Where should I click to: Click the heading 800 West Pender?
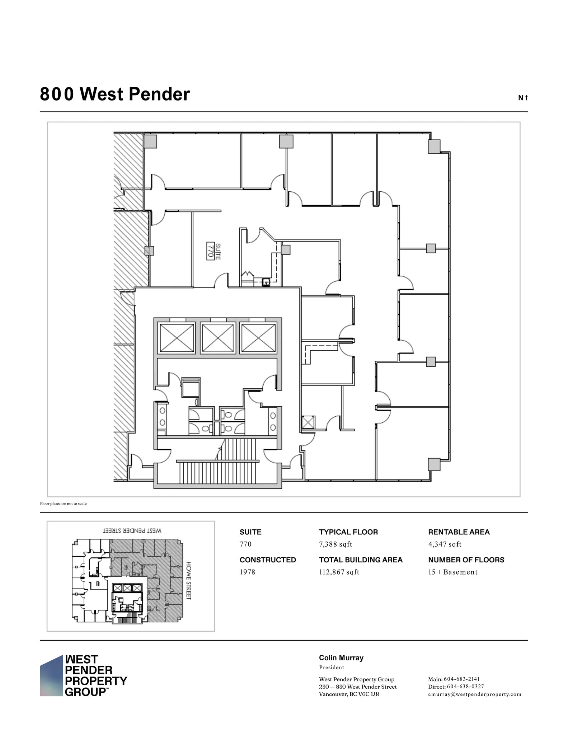click(115, 94)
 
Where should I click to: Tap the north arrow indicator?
click(523, 98)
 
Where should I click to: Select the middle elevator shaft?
click(218, 338)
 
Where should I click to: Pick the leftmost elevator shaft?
click(177, 338)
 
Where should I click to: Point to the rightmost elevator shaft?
click(258, 338)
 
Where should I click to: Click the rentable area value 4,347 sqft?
click(445, 544)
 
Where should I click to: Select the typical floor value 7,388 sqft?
click(335, 544)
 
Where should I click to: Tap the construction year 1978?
click(247, 572)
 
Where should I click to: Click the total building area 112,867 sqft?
click(339, 572)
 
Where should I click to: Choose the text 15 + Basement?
click(452, 572)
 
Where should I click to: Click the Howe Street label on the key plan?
click(189, 580)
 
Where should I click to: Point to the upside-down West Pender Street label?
click(132, 530)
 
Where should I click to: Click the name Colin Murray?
click(341, 658)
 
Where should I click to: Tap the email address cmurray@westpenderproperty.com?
click(474, 694)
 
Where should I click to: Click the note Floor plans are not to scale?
click(63, 504)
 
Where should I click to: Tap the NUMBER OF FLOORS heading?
click(466, 560)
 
